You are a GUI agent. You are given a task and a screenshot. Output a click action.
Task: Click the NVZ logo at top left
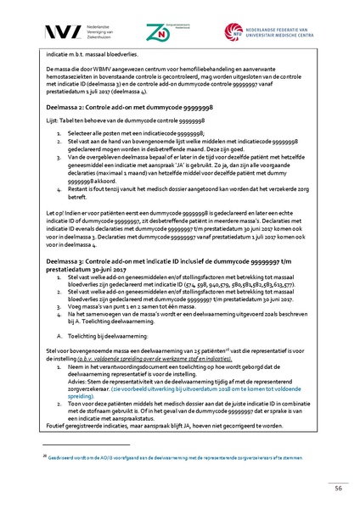coord(61,31)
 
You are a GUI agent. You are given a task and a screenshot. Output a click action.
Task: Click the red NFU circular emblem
coord(233,31)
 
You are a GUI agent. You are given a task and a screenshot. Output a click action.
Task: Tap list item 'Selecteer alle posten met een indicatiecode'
coord(132,134)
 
